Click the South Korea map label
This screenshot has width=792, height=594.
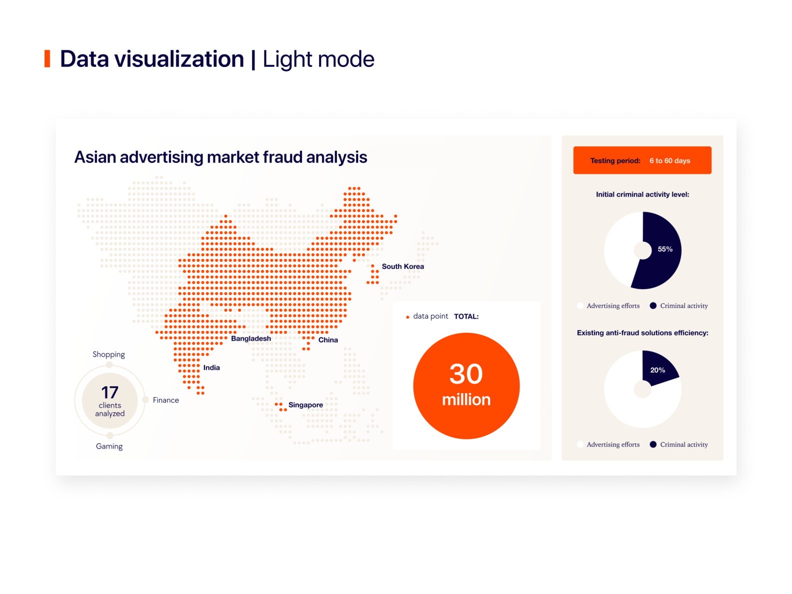click(402, 267)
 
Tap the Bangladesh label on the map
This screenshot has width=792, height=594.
click(250, 339)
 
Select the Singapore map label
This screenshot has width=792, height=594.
click(305, 405)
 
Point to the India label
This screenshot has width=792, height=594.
click(211, 368)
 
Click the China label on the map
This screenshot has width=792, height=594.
click(328, 340)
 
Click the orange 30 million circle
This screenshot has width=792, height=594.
click(466, 386)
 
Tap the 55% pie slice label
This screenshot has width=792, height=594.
click(664, 249)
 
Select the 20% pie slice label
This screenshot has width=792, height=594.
click(657, 370)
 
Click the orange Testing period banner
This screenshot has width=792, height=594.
click(642, 160)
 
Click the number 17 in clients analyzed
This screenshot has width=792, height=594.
click(109, 393)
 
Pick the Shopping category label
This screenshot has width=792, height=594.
click(108, 355)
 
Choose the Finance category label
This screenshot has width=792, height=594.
click(165, 400)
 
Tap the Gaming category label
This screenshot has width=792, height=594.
click(109, 447)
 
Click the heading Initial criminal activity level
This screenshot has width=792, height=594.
click(642, 195)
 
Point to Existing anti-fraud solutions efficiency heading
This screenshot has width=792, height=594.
click(642, 333)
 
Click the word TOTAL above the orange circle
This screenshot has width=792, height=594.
click(466, 317)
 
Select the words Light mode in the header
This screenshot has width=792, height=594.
click(318, 59)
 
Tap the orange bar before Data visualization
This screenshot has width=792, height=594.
click(47, 58)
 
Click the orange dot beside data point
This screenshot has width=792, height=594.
click(407, 317)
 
